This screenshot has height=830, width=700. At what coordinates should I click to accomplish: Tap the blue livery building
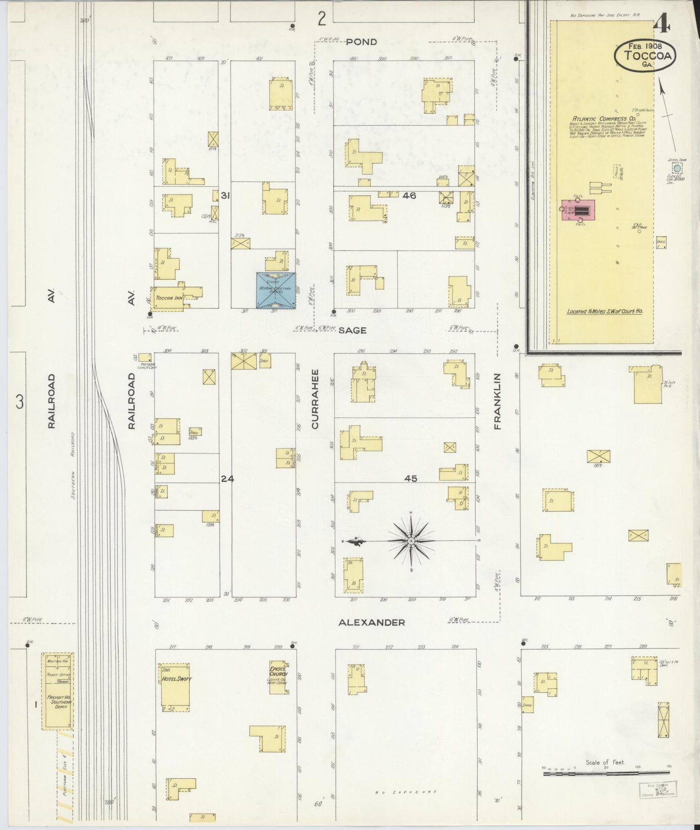click(276, 290)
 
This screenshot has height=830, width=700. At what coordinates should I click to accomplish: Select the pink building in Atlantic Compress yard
click(578, 210)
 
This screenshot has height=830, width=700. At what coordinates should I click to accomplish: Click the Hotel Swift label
click(176, 679)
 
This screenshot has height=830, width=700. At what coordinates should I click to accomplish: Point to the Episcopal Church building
click(279, 676)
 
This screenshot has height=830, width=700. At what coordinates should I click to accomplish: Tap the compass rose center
click(411, 540)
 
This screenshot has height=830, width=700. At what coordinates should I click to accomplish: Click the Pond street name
click(361, 42)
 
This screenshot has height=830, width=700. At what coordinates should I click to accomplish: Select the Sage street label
click(352, 330)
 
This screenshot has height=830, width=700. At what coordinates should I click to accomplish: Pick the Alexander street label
click(372, 622)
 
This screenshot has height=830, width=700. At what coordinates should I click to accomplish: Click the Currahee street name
click(315, 399)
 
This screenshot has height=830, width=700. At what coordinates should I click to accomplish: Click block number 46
click(409, 196)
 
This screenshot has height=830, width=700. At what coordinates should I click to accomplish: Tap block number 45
click(410, 478)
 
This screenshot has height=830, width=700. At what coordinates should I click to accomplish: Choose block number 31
click(225, 196)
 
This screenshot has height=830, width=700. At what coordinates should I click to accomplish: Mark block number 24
click(227, 478)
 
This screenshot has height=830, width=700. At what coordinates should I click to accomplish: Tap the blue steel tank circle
click(677, 169)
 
